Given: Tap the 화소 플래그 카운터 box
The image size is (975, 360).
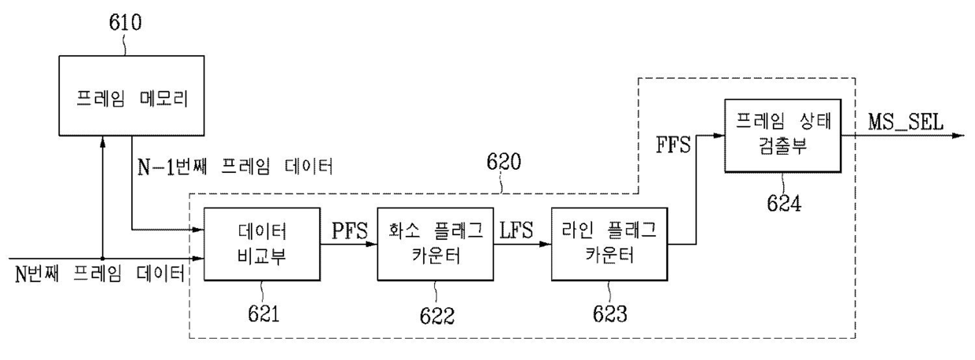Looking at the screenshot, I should tap(435, 243).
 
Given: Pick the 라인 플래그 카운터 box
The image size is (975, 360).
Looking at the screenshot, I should tap(609, 243).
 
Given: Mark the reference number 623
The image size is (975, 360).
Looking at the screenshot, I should tap(611, 315).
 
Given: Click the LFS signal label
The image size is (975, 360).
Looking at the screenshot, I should tap(516, 231).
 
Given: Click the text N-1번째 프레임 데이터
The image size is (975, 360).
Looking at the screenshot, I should tap(235, 167).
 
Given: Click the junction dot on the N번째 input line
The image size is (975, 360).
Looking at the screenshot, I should tap(103, 258).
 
